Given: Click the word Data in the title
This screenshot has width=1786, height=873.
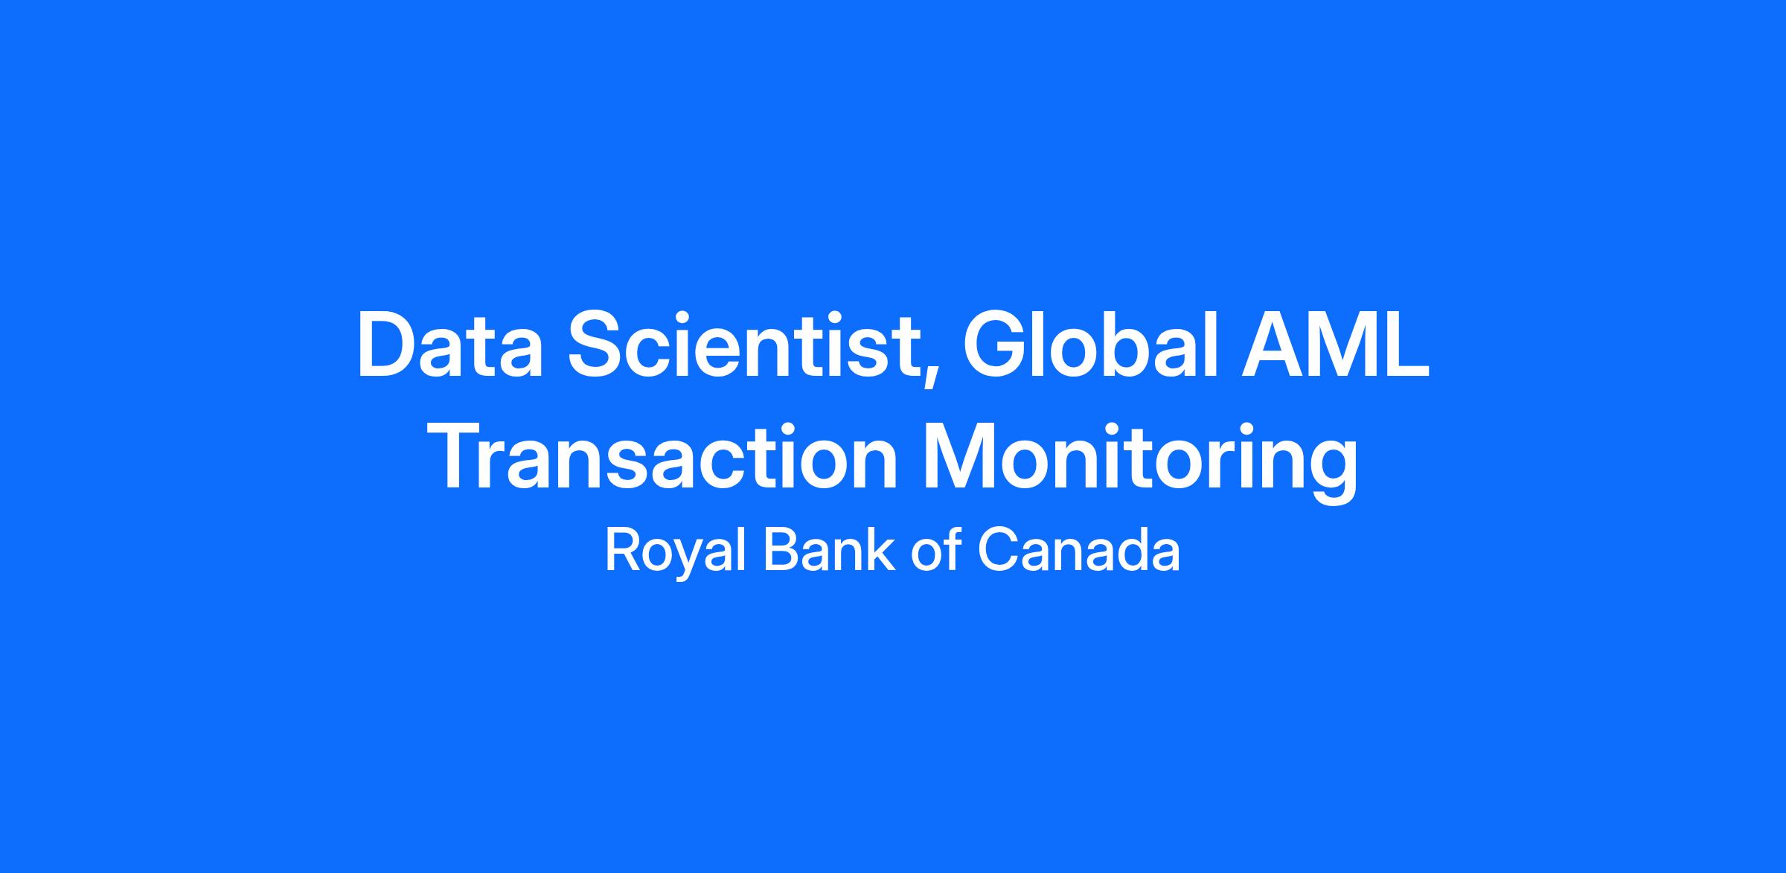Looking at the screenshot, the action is pyautogui.click(x=450, y=347).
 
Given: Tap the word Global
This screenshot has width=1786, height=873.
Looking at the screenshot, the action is pyautogui.click(x=1092, y=345).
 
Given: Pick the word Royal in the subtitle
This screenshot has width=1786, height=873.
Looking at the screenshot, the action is pyautogui.click(x=676, y=551).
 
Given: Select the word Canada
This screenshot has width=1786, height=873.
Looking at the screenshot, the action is pyautogui.click(x=1078, y=550).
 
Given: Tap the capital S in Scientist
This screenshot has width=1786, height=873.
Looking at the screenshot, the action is pyautogui.click(x=597, y=347).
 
